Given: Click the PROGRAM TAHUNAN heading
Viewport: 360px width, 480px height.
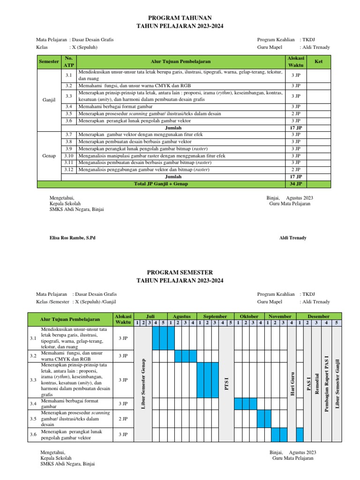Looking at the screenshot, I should [x=180, y=17].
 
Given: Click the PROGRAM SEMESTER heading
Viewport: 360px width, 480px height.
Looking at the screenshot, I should [x=180, y=272].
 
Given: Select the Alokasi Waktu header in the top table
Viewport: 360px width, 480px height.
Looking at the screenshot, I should [x=295, y=61].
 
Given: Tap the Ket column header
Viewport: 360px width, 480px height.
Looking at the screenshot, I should [x=319, y=61].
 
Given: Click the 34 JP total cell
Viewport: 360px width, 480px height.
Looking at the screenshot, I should [x=295, y=184].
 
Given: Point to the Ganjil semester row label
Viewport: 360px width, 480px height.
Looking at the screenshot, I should [x=49, y=100].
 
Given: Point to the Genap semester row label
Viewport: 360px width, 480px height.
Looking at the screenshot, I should [x=49, y=156].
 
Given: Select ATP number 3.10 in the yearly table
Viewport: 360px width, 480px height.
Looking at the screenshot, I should [x=68, y=156].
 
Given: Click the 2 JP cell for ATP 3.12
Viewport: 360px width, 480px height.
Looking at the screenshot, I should [x=295, y=170].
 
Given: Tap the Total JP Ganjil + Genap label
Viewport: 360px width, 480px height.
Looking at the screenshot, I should [x=161, y=184].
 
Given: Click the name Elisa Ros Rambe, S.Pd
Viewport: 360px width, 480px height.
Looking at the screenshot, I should [x=72, y=238].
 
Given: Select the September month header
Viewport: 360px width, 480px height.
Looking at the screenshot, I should [x=215, y=316].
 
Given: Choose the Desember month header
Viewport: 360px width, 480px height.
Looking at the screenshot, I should [x=318, y=316].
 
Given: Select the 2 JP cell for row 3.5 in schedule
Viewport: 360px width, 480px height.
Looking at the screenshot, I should [x=123, y=419].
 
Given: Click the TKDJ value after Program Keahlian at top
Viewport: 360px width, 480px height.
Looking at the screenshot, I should [x=307, y=40].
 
